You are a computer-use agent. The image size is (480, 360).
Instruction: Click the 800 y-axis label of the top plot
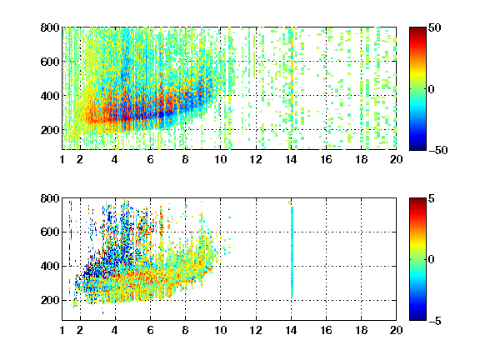tap(50, 27)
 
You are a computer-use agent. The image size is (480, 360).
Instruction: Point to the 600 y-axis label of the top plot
tap(50, 62)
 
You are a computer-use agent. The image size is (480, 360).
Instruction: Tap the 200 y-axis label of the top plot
tap(50, 130)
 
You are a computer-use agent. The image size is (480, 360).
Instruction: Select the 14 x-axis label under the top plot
tap(291, 159)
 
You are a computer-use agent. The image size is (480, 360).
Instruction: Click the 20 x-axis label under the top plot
tap(396, 159)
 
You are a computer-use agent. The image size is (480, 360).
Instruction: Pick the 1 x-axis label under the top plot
tap(62, 159)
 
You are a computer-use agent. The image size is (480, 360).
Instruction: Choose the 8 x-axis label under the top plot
tap(185, 159)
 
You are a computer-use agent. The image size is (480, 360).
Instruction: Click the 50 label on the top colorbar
tap(435, 27)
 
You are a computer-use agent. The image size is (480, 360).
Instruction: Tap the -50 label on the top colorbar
tap(437, 150)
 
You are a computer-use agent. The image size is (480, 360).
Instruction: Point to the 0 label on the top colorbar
tap(432, 89)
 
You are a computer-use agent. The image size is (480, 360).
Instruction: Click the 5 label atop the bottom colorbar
tap(432, 198)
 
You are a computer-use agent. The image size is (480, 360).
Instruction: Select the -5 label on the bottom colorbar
tap(435, 321)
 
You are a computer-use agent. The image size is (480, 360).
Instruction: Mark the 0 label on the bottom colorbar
tap(432, 260)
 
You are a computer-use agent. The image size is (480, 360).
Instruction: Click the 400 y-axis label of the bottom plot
tap(50, 266)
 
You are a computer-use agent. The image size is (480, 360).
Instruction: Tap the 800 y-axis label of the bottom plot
tap(50, 198)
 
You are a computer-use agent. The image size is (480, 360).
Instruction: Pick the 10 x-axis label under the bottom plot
tap(220, 330)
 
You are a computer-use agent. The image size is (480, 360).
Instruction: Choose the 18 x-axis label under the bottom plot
tap(361, 330)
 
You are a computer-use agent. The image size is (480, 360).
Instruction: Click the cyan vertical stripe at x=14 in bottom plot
tap(292, 252)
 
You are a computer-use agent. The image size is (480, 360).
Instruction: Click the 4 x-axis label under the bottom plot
tap(115, 330)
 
